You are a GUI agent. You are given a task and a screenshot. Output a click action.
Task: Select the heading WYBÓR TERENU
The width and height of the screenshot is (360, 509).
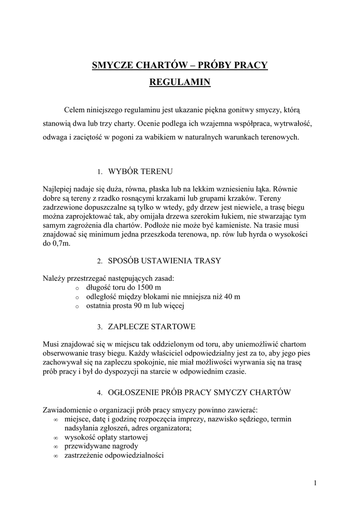[140, 171]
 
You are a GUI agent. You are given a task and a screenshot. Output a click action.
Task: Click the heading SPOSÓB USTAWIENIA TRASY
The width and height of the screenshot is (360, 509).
[165, 260]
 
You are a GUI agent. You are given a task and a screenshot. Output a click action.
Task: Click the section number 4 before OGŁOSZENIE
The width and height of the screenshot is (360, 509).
[99, 393]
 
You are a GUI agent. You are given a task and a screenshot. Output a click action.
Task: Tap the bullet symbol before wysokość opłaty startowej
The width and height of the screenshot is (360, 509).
[55, 438]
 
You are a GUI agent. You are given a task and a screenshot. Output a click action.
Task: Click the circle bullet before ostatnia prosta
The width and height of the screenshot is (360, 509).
[77, 307]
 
